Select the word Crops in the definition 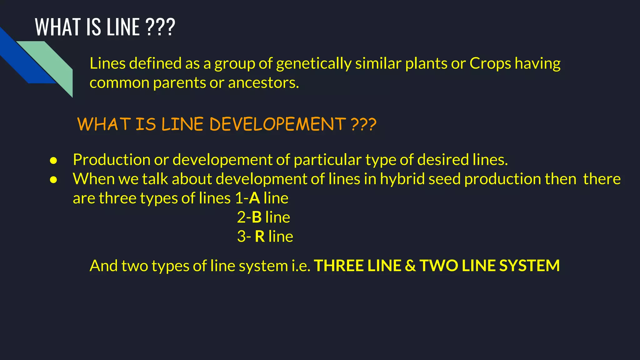[x=490, y=63]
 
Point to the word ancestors [x=263, y=83]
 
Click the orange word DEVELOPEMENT [x=277, y=124]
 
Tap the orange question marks [x=364, y=124]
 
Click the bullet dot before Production [x=53, y=161]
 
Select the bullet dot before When [x=53, y=180]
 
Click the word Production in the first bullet [x=111, y=160]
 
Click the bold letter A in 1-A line [x=254, y=198]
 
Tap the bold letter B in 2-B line [x=257, y=217]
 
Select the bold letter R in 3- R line [x=260, y=237]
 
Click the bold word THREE [x=338, y=266]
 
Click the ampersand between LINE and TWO [x=410, y=266]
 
